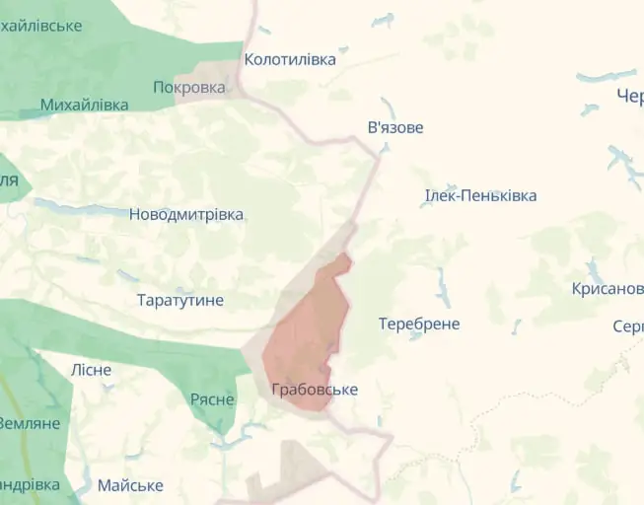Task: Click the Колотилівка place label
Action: tap(290, 59)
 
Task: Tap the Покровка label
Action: tap(189, 87)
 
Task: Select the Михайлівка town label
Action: tap(85, 105)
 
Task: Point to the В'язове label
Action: tap(395, 128)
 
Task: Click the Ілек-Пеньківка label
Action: tap(480, 195)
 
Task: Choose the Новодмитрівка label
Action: tap(186, 214)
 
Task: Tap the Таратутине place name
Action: tap(180, 300)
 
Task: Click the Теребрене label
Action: tap(419, 324)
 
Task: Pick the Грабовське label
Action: tap(315, 390)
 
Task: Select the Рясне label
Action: tap(212, 399)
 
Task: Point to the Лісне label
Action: tap(91, 370)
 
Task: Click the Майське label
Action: tap(130, 485)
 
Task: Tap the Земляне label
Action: tap(30, 423)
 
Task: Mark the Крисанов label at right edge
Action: tap(608, 289)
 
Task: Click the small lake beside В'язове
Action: tap(386, 105)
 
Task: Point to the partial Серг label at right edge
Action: tap(628, 326)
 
